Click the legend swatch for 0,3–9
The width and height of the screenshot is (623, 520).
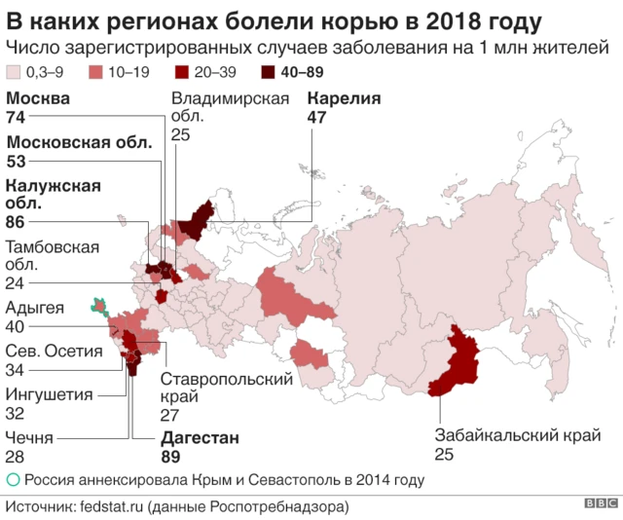pos(15,72)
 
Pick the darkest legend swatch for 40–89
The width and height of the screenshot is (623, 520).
pos(268,72)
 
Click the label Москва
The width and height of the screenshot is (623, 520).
pos(38,98)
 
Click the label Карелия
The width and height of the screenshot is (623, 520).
pos(343,98)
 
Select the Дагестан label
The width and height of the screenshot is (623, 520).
pos(199,438)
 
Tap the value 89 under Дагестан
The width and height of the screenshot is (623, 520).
pos(171,457)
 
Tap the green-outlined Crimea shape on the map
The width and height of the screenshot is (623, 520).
pos(98,307)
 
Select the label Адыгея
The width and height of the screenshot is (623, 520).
pos(35,309)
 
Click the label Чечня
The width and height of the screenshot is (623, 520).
pos(29,438)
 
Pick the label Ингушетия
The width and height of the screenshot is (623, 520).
pos(50,394)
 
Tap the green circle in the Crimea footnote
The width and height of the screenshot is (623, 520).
pos(13,480)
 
